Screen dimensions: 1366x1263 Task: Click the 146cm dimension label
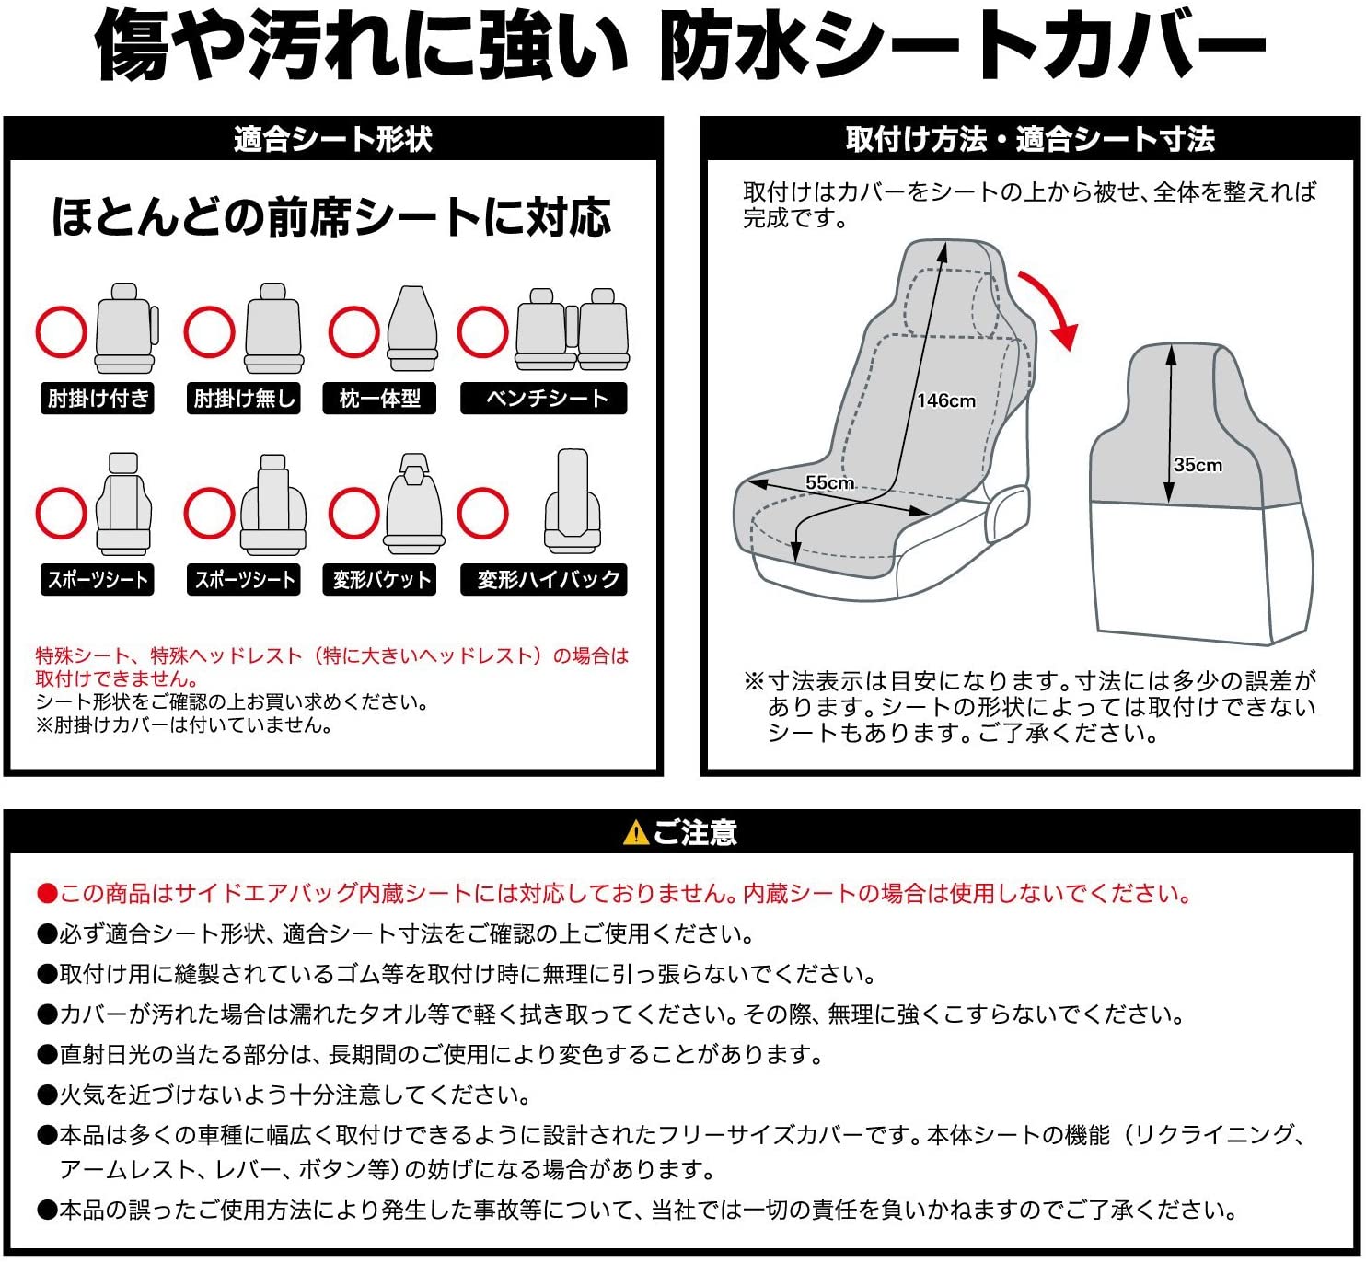point(945,400)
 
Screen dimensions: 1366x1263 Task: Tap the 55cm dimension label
point(829,482)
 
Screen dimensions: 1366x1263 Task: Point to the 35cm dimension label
point(1198,465)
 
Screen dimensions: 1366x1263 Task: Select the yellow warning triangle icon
point(635,832)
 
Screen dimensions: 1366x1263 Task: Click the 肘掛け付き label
point(98,399)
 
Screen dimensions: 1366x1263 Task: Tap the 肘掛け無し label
point(244,399)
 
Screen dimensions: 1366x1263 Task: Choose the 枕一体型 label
point(379,399)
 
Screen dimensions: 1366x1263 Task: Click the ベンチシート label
point(543,399)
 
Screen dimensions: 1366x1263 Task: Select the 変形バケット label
point(379,579)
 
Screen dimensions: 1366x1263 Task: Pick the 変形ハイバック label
point(543,579)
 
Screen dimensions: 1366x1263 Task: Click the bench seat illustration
point(572,330)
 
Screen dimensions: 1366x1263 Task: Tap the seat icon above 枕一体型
point(412,329)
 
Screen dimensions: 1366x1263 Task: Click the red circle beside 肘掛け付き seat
point(62,332)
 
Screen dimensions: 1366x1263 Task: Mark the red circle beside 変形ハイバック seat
point(483,513)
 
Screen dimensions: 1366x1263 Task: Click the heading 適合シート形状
point(333,139)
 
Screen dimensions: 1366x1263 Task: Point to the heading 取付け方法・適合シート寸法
point(1030,139)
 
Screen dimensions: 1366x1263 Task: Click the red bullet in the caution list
point(47,894)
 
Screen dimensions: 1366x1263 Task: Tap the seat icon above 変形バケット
point(413,504)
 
